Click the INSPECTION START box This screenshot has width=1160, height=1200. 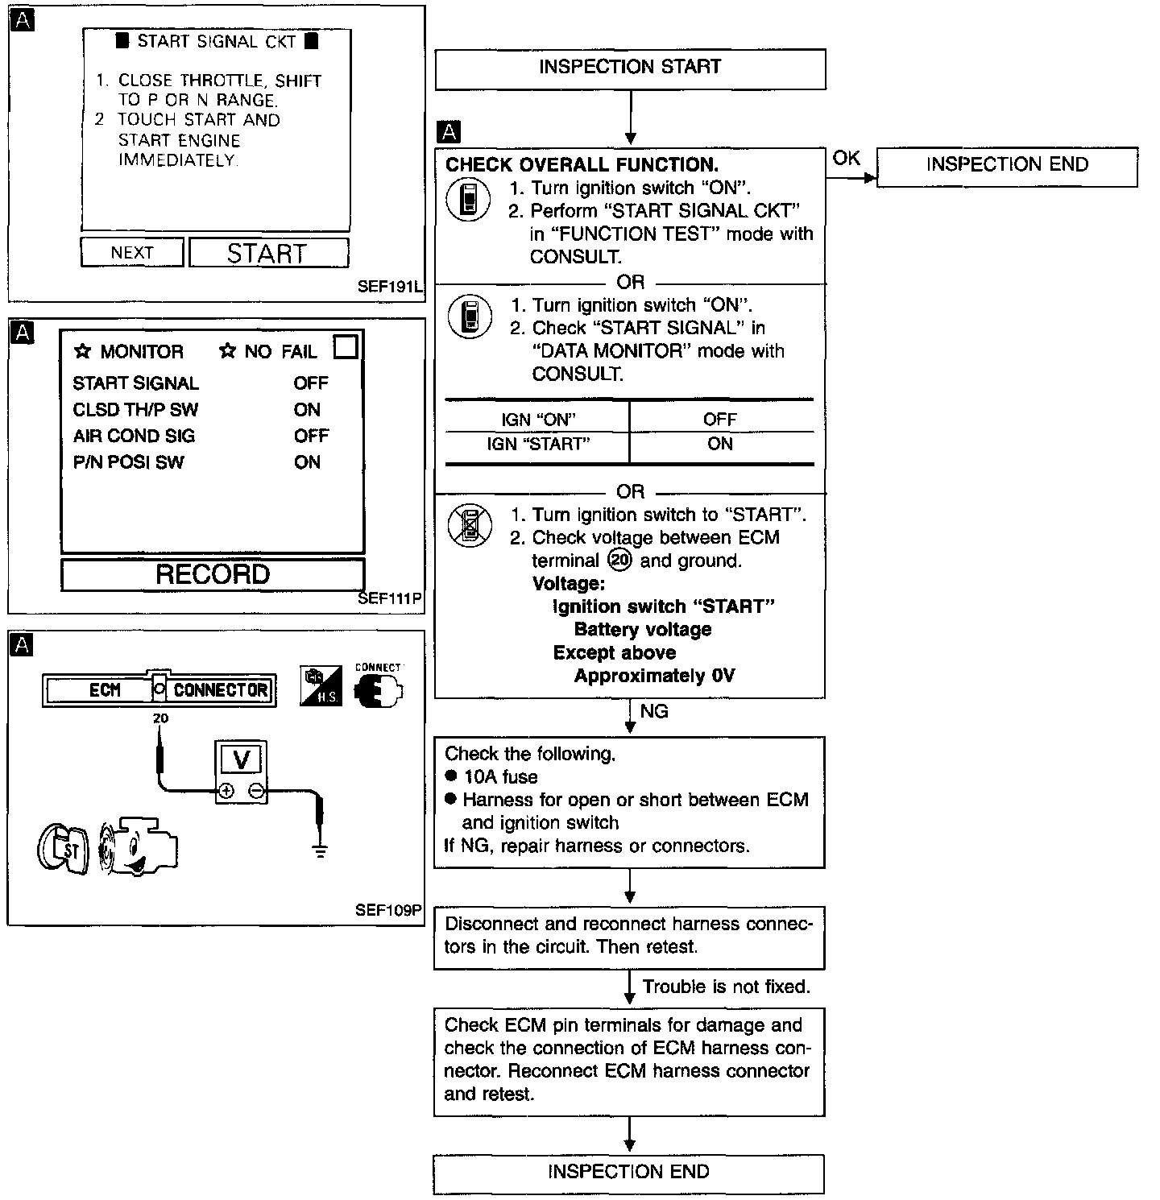tap(630, 69)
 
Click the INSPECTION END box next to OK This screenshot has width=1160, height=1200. tap(1007, 167)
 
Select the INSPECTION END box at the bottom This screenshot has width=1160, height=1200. tap(628, 1173)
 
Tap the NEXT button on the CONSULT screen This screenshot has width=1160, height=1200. tap(132, 252)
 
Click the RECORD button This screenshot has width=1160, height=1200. tap(213, 574)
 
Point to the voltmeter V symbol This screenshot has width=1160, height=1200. tap(241, 759)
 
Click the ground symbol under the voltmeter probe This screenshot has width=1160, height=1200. tap(321, 850)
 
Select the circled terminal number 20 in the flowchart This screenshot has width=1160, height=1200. tap(620, 560)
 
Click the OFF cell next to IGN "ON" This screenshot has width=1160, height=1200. tap(719, 419)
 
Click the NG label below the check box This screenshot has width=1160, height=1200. tap(654, 711)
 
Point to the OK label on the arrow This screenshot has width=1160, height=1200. tap(846, 158)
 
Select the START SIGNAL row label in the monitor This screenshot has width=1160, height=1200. tap(135, 383)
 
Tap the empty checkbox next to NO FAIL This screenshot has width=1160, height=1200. tap(345, 346)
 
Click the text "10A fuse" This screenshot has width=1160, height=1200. tap(501, 776)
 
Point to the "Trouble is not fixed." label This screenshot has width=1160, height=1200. tap(727, 987)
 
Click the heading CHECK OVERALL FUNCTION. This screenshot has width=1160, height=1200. tap(582, 165)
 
